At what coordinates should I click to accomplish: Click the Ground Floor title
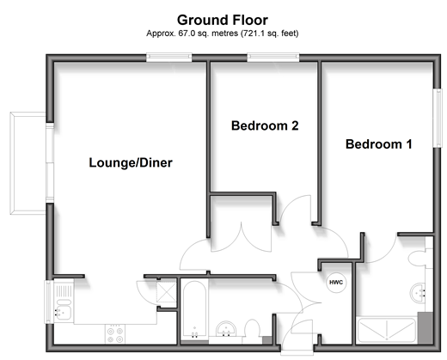[223, 20]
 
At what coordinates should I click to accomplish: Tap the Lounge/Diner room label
[131, 162]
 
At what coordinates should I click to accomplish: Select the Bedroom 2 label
[265, 125]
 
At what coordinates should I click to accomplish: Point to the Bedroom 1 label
[379, 143]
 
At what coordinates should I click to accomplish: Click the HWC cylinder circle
[336, 283]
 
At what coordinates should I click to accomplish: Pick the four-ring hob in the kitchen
[115, 334]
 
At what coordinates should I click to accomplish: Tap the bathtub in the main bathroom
[194, 309]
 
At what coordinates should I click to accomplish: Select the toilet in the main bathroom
[252, 328]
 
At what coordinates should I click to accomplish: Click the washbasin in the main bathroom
[226, 328]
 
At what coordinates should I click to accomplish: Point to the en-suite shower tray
[387, 330]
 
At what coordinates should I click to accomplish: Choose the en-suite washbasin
[419, 293]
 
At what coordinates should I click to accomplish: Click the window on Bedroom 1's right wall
[438, 118]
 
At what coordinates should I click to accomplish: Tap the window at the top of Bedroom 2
[273, 58]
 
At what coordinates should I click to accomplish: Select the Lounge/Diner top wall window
[169, 58]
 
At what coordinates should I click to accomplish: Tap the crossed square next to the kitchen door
[166, 292]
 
